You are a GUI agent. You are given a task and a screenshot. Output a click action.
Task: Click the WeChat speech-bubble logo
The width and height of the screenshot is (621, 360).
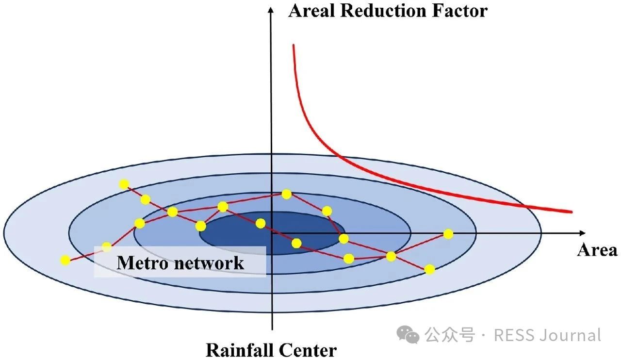click(x=408, y=334)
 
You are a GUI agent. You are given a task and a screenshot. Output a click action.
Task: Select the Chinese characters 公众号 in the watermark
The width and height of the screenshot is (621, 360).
click(x=449, y=335)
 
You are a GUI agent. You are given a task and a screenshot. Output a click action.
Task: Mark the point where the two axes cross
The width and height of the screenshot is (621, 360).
click(x=272, y=233)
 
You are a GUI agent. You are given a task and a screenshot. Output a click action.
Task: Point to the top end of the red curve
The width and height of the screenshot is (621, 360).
click(x=293, y=46)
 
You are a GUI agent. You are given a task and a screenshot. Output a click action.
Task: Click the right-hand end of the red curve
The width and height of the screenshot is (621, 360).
click(x=571, y=211)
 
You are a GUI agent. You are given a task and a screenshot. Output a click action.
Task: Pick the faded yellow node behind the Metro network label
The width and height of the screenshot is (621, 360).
click(x=106, y=247)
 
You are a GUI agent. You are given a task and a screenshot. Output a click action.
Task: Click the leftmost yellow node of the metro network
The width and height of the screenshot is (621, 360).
click(x=65, y=261)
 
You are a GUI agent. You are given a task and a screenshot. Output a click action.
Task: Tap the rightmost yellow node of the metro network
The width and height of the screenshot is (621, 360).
click(x=448, y=234)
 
